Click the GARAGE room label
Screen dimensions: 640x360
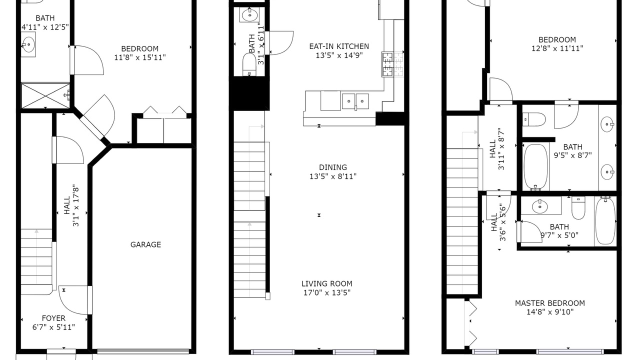(x=145, y=244)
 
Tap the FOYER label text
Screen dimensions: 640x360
(x=53, y=318)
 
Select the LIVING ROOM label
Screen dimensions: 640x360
(x=327, y=283)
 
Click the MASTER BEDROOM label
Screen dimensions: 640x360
(x=550, y=303)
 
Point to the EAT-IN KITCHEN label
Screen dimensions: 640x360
(x=339, y=46)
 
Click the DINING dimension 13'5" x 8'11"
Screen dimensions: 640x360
(x=333, y=176)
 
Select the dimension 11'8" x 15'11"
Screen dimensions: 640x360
(x=140, y=57)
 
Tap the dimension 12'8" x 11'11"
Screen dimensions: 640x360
(x=557, y=48)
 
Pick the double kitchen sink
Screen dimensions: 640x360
(x=355, y=101)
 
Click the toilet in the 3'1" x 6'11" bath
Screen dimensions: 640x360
(x=249, y=64)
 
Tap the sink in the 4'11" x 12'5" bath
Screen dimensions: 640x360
(x=28, y=44)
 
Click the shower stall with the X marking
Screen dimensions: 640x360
(x=45, y=95)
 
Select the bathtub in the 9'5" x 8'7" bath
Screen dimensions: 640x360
(x=535, y=167)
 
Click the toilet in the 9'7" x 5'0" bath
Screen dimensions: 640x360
(x=578, y=208)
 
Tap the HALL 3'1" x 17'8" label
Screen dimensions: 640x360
(x=71, y=207)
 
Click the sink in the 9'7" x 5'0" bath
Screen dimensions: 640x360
(x=539, y=206)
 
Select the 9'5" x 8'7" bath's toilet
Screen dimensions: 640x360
(x=534, y=119)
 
